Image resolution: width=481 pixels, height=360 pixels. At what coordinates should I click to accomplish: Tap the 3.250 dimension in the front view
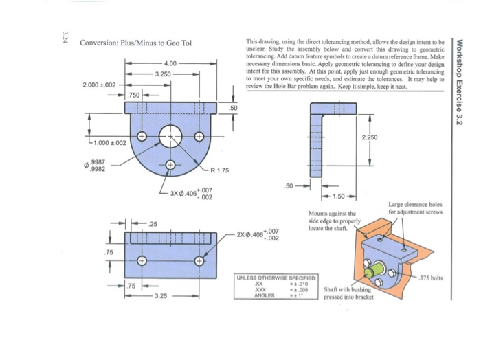[164, 73]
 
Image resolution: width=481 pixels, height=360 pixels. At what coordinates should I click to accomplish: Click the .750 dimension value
[134, 94]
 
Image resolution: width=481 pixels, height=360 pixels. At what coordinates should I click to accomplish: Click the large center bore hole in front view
[170, 137]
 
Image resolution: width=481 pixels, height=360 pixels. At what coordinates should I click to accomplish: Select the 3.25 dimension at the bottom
[159, 297]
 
